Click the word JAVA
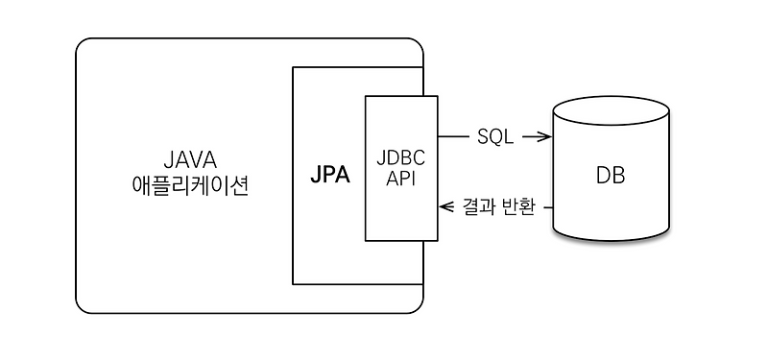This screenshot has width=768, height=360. coord(189,158)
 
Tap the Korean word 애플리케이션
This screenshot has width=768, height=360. coord(189,185)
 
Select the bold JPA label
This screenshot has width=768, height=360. coord(329,176)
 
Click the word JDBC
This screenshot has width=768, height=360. coord(401,158)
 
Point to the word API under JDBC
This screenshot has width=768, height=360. coord(401,179)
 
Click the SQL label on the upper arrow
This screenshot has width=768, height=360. coord(495,137)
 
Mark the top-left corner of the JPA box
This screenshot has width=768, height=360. coord(293,67)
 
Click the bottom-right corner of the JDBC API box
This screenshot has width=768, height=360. coord(437,241)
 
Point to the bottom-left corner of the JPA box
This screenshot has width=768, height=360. coord(293,284)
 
